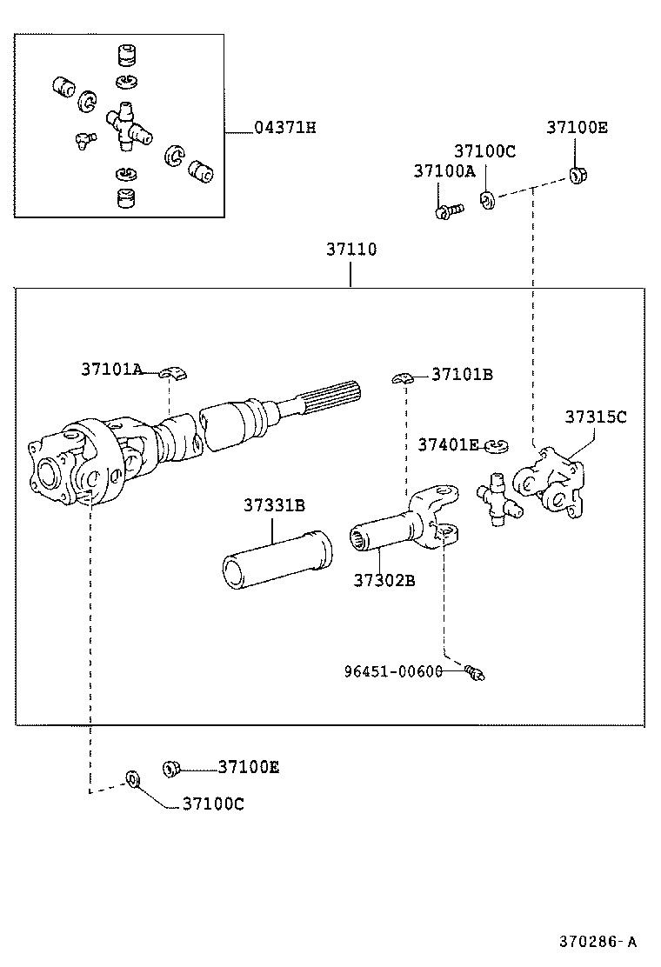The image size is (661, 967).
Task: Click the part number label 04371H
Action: pyautogui.click(x=284, y=129)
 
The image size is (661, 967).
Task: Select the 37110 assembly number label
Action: pyautogui.click(x=351, y=250)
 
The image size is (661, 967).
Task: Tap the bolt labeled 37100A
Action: pyautogui.click(x=447, y=210)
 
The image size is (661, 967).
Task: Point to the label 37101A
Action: pyautogui.click(x=111, y=369)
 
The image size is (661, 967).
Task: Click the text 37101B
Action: pyautogui.click(x=462, y=375)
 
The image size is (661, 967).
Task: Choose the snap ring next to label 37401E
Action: pyautogui.click(x=497, y=447)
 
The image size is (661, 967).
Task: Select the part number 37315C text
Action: pyautogui.click(x=595, y=417)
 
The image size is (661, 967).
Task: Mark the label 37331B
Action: pyautogui.click(x=274, y=505)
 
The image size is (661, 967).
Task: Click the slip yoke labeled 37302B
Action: pyautogui.click(x=404, y=532)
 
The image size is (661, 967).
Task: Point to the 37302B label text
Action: pyautogui.click(x=384, y=579)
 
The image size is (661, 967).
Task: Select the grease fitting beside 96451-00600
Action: pyautogui.click(x=474, y=670)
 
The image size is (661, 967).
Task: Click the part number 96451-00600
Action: pyautogui.click(x=392, y=671)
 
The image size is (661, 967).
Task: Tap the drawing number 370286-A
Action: pyautogui.click(x=598, y=941)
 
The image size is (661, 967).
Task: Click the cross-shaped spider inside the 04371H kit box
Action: pyautogui.click(x=127, y=127)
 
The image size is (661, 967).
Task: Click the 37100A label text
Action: pyautogui.click(x=444, y=171)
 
